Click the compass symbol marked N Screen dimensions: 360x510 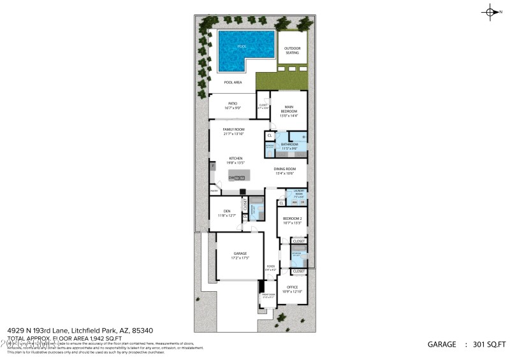(x=491, y=11)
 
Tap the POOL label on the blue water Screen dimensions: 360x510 (x=242, y=47)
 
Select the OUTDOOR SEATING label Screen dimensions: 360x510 (x=292, y=50)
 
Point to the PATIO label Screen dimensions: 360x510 (x=233, y=103)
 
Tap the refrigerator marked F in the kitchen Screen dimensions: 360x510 (x=212, y=166)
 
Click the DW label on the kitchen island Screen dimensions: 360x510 (x=231, y=178)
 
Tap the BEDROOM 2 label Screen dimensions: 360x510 (x=293, y=219)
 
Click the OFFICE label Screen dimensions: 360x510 (x=293, y=287)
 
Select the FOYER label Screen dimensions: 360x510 (x=271, y=266)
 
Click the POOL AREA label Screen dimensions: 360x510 (x=233, y=82)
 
